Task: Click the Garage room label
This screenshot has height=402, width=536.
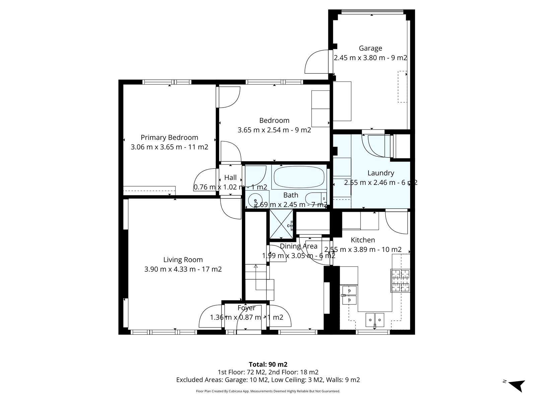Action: click(x=370, y=48)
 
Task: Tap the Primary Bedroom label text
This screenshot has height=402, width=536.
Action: click(x=169, y=137)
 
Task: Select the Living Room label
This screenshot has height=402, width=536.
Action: click(x=183, y=260)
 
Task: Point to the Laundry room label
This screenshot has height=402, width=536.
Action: click(x=381, y=173)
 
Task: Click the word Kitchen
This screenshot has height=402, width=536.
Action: click(x=362, y=240)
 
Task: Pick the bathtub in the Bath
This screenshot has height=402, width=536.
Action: click(x=299, y=177)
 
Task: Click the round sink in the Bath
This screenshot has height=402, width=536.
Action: click(x=255, y=200)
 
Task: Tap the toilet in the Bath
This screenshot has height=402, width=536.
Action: click(x=316, y=198)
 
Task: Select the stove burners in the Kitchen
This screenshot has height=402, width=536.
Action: click(x=400, y=280)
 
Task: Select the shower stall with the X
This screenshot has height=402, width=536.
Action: click(x=281, y=224)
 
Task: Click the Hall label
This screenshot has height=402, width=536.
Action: click(x=230, y=178)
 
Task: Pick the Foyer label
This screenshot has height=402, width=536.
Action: click(x=246, y=308)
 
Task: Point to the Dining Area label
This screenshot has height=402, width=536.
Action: click(x=298, y=246)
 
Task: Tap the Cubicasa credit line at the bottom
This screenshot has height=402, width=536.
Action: click(x=268, y=391)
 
